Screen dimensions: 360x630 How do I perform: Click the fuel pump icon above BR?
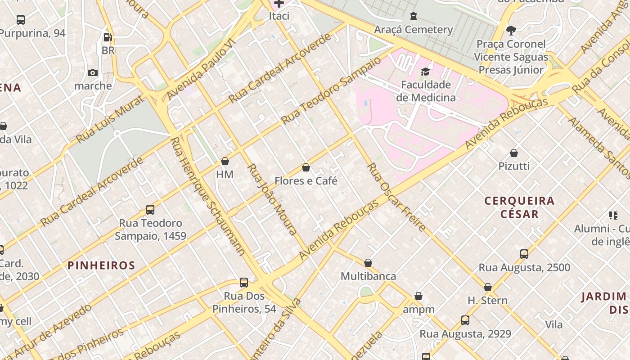coord(108,37)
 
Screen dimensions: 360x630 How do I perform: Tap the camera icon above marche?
coord(93,72)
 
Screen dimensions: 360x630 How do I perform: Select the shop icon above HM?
coord(225,161)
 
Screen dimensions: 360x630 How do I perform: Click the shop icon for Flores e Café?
coord(306,168)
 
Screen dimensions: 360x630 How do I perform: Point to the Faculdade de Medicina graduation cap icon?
coord(425,72)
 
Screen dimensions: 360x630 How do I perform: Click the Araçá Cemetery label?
coord(414,30)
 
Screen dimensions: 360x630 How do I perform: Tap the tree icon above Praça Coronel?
coord(511,31)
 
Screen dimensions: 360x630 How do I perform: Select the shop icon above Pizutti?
coord(514,153)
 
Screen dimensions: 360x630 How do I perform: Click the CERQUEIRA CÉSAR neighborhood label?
coord(519,207)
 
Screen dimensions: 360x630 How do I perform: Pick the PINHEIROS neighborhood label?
coord(101,265)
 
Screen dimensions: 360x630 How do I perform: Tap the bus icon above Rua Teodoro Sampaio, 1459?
coord(150,210)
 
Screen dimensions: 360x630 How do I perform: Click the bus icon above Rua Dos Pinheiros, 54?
coord(244,283)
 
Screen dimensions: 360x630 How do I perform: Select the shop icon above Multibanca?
coord(368,263)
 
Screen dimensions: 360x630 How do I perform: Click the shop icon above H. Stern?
coord(488,287)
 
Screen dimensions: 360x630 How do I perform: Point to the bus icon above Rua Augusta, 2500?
coord(524,254)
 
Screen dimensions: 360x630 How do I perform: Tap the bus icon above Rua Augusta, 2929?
coord(465,320)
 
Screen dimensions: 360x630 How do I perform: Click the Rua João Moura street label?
coord(272,200)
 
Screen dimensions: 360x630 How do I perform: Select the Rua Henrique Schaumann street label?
coord(208,197)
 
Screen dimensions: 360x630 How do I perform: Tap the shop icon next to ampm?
coord(418,296)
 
